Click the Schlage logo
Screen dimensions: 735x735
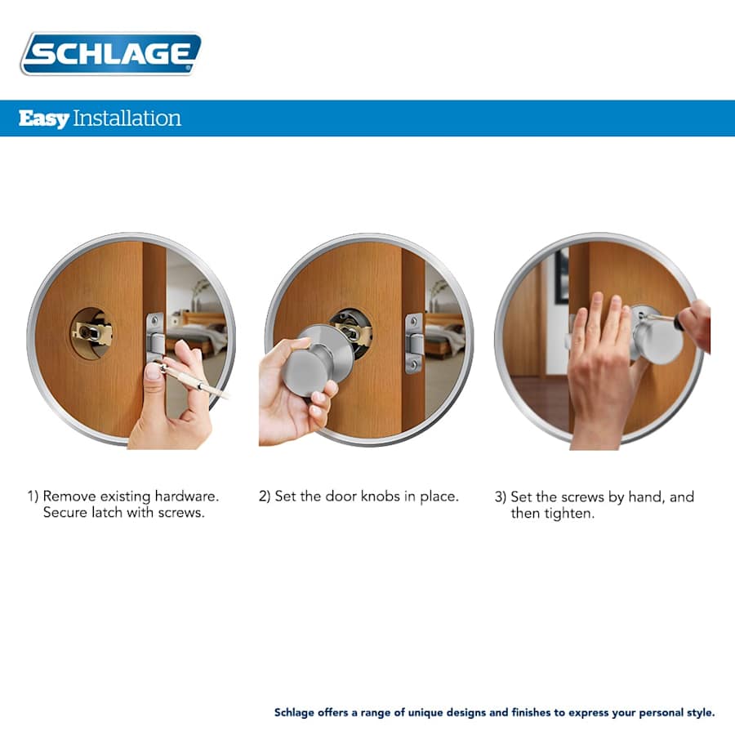click(110, 54)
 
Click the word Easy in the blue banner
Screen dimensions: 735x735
click(43, 118)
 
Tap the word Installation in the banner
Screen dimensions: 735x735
click(127, 118)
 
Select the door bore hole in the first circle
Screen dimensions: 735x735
click(91, 332)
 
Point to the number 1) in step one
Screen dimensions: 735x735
click(33, 497)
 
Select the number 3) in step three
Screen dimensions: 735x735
click(501, 497)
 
